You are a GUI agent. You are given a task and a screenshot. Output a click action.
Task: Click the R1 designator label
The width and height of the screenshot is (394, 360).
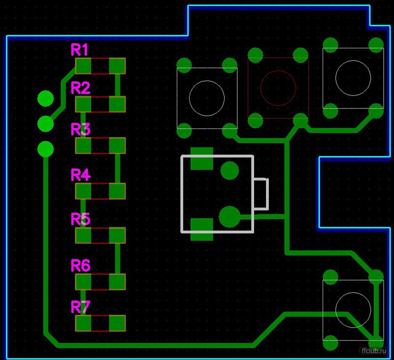79,49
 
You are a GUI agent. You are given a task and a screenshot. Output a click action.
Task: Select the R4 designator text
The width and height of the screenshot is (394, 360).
81,175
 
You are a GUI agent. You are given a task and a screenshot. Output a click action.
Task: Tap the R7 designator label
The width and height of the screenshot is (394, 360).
80,307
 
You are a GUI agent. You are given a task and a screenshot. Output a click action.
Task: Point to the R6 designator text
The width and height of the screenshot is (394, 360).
81,265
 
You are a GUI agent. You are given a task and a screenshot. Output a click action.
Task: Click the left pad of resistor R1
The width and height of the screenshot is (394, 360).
83,66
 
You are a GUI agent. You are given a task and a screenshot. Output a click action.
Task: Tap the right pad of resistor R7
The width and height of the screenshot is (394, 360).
117,323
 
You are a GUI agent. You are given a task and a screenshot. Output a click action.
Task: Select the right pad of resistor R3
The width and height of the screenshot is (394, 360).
117,145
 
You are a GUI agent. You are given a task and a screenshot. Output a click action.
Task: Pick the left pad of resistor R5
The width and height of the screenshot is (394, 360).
83,235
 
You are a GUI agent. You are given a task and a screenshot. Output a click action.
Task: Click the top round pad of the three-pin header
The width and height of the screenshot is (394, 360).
45,98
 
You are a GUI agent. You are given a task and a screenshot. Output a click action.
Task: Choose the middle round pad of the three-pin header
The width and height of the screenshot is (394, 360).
45,124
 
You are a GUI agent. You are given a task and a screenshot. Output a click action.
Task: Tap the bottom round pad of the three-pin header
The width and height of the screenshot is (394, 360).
45,149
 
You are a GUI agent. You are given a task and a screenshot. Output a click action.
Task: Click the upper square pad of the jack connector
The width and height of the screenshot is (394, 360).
202,159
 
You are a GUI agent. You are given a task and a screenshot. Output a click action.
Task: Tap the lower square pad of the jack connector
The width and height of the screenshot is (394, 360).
202,229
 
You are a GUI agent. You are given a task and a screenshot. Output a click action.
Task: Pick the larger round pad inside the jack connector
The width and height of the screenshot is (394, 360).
230,217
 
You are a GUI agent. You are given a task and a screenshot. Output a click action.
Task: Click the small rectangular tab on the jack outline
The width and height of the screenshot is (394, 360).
267,194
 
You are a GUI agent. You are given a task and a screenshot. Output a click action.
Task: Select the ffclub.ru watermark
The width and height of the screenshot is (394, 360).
374,351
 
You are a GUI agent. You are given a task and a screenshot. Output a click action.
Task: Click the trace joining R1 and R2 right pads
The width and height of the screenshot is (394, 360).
117,85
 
